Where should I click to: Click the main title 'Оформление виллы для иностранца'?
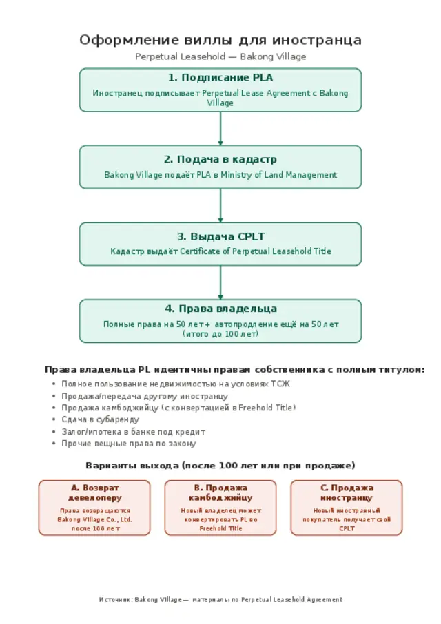220,40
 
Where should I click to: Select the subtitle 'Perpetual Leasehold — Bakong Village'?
220,56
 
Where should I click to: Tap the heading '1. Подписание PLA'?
220,78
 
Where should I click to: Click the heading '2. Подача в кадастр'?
220,159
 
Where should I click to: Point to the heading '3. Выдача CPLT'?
220,236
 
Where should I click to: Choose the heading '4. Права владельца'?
220,309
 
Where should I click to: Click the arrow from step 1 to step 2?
220,129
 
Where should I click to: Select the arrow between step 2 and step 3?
220,206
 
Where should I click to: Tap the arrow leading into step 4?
220,282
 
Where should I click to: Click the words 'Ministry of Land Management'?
278,175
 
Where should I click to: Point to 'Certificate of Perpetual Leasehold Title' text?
256,251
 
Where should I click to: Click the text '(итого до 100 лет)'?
220,334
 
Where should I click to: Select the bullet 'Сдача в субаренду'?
101,419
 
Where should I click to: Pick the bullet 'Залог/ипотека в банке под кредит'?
134,431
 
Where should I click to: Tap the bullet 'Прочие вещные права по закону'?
129,444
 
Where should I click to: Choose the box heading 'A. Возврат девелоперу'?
94,492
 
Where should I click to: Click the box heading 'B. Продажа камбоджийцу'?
220,492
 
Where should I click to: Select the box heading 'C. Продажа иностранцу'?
347,492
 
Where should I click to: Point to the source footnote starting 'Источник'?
220,599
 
